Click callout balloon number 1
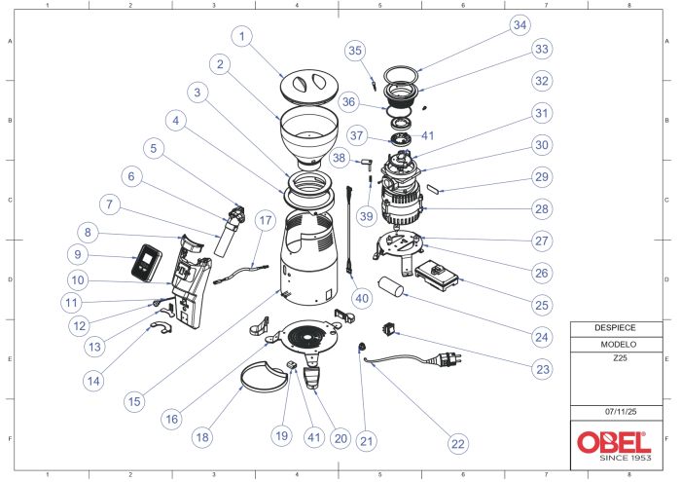pos(244,35)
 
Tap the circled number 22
pos(456,443)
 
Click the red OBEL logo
pos(611,441)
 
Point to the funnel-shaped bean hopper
pos(309,133)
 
